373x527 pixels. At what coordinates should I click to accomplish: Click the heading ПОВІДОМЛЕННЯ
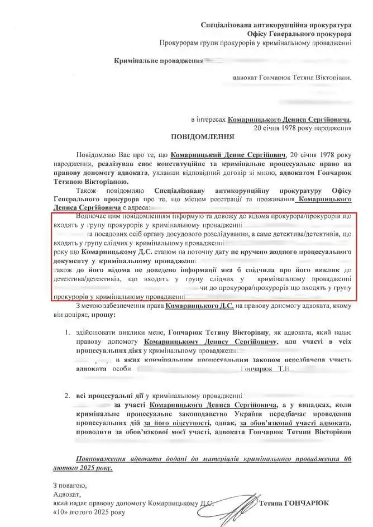tap(203, 136)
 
